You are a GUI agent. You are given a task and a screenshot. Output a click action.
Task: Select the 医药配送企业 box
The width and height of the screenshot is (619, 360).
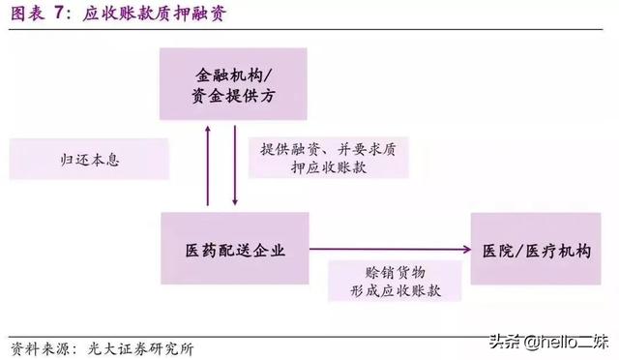tap(233, 250)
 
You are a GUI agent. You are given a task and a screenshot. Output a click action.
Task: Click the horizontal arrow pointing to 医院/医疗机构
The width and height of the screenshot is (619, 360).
tap(388, 250)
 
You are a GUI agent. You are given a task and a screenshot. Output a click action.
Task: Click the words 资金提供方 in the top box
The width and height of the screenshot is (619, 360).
tap(233, 96)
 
